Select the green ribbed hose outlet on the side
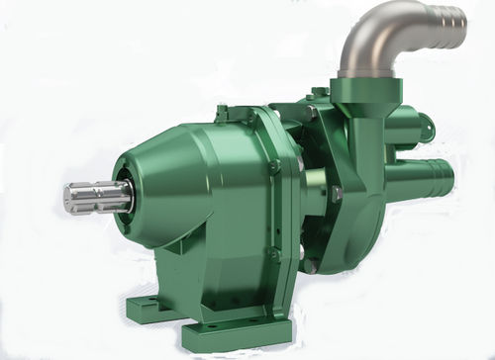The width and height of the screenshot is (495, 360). pyautogui.click(x=431, y=179)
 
